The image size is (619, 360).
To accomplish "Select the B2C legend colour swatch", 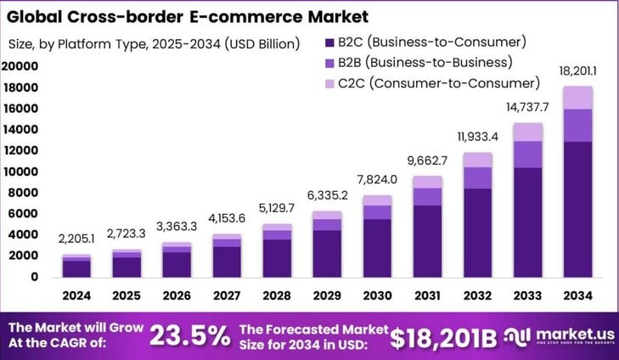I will pyautogui.click(x=329, y=42).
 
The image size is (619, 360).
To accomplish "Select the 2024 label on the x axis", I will pyautogui.click(x=77, y=296).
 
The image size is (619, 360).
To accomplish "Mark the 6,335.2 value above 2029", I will pyautogui.click(x=328, y=198).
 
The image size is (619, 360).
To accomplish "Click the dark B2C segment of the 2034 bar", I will pyautogui.click(x=577, y=208).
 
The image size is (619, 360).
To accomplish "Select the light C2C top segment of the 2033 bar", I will pyautogui.click(x=527, y=132).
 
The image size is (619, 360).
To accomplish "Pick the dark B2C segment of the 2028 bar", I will pyautogui.click(x=278, y=257).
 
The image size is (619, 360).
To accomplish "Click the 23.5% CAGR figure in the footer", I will pyautogui.click(x=189, y=335).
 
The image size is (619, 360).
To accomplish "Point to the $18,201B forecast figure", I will pyautogui.click(x=442, y=336).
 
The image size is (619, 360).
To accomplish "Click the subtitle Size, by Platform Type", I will pyautogui.click(x=153, y=43).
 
